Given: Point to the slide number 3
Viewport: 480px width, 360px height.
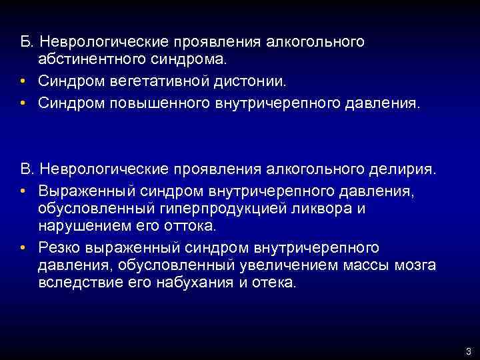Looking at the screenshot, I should (469, 351).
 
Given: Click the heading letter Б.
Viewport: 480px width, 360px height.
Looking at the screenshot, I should (25, 41).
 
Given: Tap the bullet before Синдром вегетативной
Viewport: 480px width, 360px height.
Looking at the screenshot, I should (24, 83).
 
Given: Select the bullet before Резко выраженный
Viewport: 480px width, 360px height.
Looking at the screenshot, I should (24, 247).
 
